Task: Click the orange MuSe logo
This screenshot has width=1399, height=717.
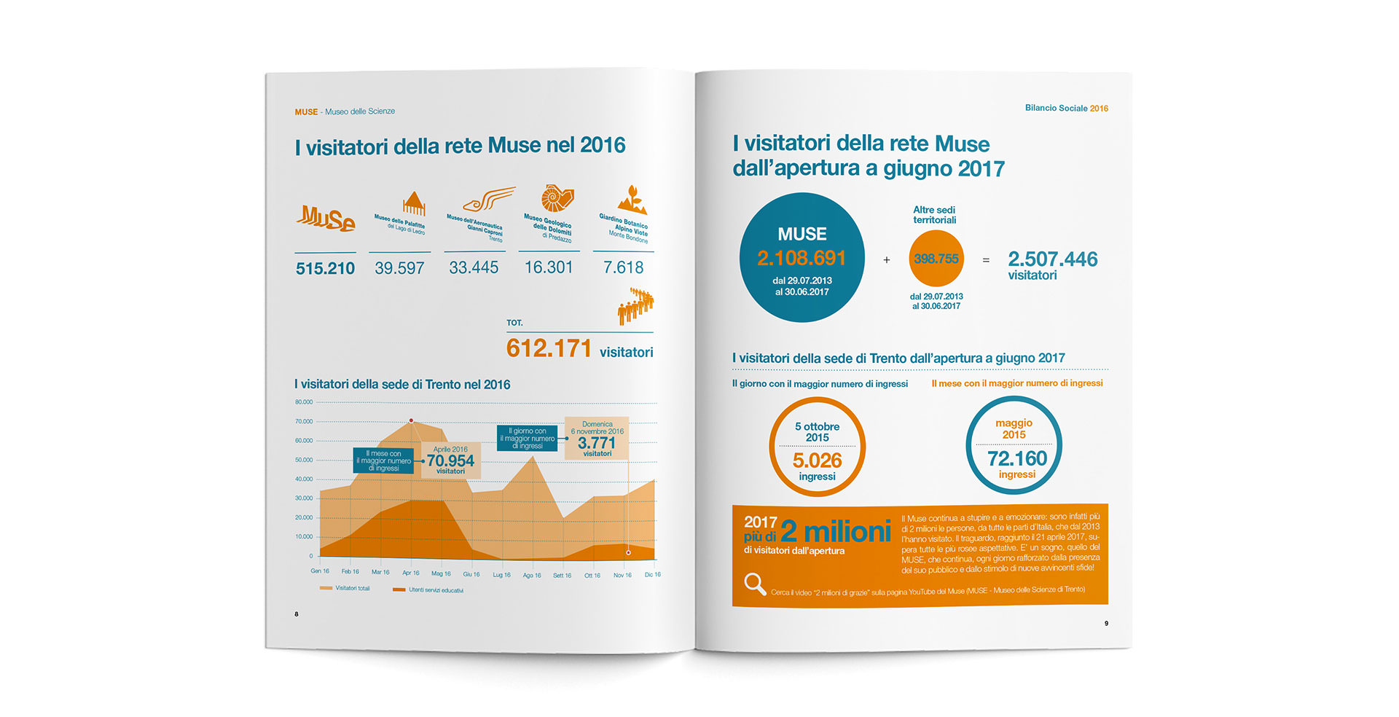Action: pyautogui.click(x=326, y=218)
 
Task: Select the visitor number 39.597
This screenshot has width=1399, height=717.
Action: pyautogui.click(x=399, y=268)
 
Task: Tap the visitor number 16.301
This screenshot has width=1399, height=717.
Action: pyautogui.click(x=549, y=267)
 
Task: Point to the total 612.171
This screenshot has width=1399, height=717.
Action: pyautogui.click(x=549, y=348)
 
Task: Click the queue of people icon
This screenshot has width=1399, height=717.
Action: pyautogui.click(x=635, y=305)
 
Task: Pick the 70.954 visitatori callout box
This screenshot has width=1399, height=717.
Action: pyautogui.click(x=451, y=461)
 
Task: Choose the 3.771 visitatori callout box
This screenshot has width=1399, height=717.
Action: pyautogui.click(x=597, y=439)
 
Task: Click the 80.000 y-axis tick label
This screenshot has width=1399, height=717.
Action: pyautogui.click(x=304, y=402)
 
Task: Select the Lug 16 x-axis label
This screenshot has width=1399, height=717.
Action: pyautogui.click(x=502, y=575)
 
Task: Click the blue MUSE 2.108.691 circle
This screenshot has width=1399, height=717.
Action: pyautogui.click(x=802, y=257)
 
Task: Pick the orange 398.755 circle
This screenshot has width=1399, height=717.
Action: pyautogui.click(x=936, y=259)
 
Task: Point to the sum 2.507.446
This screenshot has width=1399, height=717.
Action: pyautogui.click(x=1052, y=259)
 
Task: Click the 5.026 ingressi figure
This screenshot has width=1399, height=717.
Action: pyautogui.click(x=817, y=461)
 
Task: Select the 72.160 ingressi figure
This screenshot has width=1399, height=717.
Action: pyautogui.click(x=1016, y=458)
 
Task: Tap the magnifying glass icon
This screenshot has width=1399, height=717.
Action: pyautogui.click(x=755, y=584)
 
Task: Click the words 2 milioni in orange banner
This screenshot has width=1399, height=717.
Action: pyautogui.click(x=836, y=531)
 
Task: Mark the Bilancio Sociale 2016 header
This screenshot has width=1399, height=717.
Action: pyautogui.click(x=1066, y=109)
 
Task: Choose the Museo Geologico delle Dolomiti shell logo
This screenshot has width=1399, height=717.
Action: pyautogui.click(x=557, y=199)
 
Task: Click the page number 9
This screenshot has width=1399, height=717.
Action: pyautogui.click(x=1106, y=624)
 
